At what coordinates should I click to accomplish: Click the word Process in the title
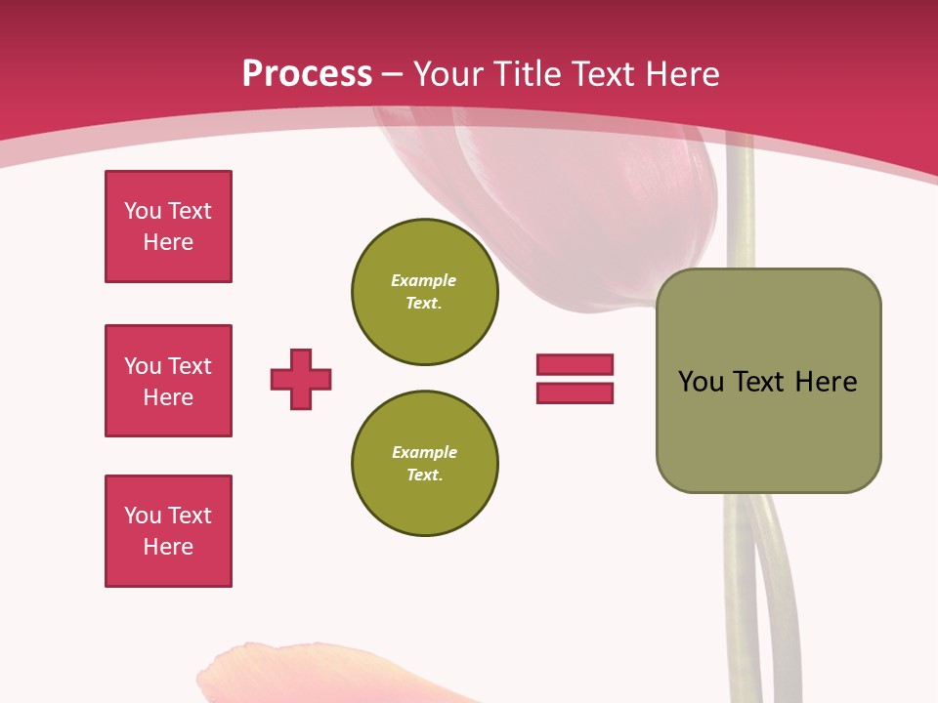point(307,74)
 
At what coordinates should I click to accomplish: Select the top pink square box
point(168,227)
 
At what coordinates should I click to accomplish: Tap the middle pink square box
point(168,381)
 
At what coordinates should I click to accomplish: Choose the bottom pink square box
point(168,531)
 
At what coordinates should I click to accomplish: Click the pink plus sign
point(301,379)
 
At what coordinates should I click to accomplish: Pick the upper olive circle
point(424,292)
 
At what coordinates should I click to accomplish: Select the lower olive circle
point(424,464)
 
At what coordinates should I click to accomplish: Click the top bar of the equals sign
point(575,364)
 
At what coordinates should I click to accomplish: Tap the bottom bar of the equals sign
point(575,393)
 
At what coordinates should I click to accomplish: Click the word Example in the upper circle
point(424,280)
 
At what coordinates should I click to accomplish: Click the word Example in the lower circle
point(424,452)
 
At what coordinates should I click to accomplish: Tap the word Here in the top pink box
point(168,242)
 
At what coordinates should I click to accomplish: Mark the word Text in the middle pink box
point(190,366)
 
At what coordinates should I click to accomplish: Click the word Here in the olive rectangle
point(826,382)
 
